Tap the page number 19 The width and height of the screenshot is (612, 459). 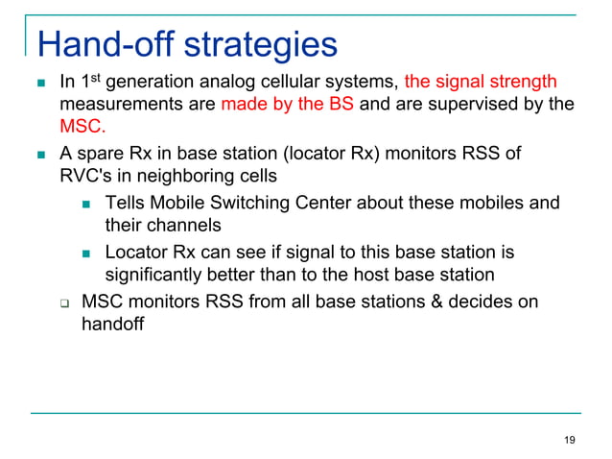click(570, 440)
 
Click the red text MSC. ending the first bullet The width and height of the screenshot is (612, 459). click(82, 126)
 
